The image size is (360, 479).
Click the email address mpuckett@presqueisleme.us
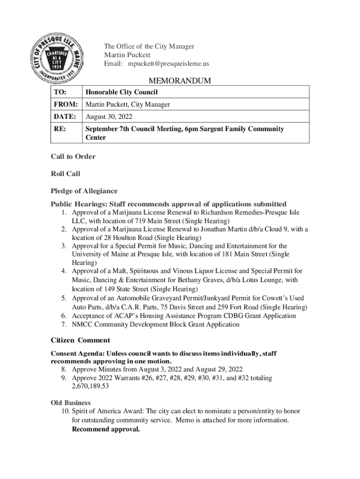coord(169,64)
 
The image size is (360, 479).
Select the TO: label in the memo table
coord(60,92)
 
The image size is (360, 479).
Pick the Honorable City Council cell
coord(122,92)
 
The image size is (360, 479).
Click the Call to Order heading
coord(73,156)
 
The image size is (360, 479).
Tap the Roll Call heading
coord(65,174)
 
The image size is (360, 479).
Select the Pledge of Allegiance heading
coord(84,191)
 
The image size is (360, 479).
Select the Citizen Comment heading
coord(80,340)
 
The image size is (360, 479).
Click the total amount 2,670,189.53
coord(90,386)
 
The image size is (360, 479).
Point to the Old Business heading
coord(71,402)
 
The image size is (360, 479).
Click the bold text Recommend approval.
coord(106,428)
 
